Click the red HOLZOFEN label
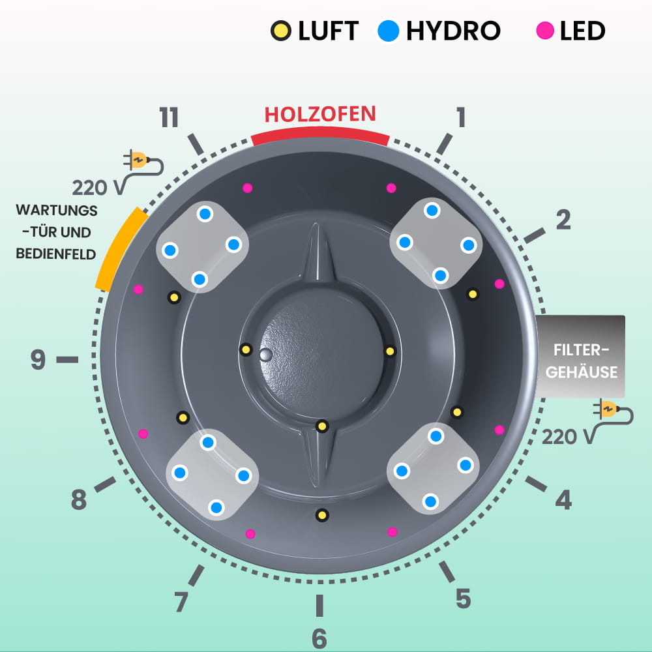tap(320, 114)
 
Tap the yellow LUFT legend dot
tap(281, 31)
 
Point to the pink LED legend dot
tap(545, 31)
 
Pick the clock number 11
tap(169, 118)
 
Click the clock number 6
tap(319, 638)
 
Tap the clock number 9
tap(38, 359)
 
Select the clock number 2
tap(563, 220)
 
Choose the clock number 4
tap(563, 500)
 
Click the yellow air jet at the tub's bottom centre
tap(321, 515)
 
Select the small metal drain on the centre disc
tap(265, 355)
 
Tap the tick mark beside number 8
tap(106, 484)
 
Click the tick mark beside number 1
tap(444, 143)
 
